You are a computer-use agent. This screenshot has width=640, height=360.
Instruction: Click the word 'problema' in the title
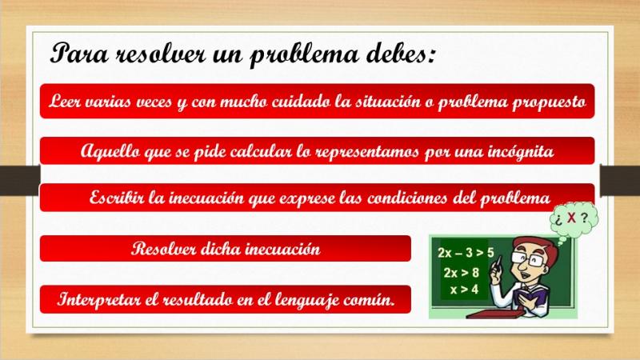pos(304,55)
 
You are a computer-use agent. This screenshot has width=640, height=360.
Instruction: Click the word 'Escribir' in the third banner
pos(116,198)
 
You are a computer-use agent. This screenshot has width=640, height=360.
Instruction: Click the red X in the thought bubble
pos(571,218)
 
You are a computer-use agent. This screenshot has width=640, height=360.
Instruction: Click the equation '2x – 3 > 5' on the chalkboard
pos(466,253)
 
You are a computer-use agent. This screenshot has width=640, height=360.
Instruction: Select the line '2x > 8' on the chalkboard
pos(462,272)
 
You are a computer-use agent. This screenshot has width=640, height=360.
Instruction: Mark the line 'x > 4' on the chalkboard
pos(464,290)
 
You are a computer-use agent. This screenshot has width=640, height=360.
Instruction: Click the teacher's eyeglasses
pos(528,258)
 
